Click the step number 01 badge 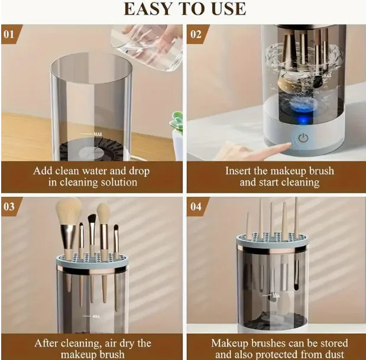[x=9, y=34]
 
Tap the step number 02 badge [x=196, y=34]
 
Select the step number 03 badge [x=9, y=206]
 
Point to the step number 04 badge [x=196, y=206]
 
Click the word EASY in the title [x=149, y=8]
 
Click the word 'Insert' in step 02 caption [x=239, y=171]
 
